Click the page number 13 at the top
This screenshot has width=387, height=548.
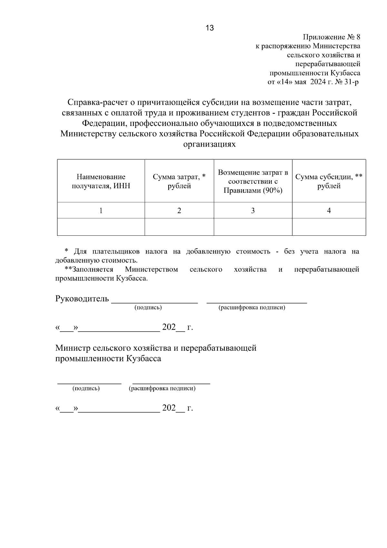click(210, 28)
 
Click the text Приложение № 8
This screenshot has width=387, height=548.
click(332, 37)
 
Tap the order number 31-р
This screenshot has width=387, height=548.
click(351, 82)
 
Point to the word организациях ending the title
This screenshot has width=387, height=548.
click(209, 144)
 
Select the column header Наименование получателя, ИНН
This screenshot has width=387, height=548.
click(101, 181)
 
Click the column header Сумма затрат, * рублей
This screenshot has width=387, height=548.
click(179, 181)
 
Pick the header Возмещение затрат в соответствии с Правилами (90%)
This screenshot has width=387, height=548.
click(253, 181)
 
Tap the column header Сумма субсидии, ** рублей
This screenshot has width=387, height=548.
click(329, 181)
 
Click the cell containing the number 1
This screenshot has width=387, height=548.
click(101, 211)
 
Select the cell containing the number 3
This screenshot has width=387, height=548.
click(253, 211)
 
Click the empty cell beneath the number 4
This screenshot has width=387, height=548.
click(329, 227)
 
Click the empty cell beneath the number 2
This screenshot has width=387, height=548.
click(179, 227)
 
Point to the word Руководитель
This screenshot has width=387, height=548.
click(82, 299)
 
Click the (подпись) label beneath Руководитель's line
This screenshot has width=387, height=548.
click(148, 307)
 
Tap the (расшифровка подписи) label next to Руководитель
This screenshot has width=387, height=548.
click(252, 307)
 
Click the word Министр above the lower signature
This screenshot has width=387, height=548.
click(73, 348)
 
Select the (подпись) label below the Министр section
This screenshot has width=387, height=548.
click(86, 388)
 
